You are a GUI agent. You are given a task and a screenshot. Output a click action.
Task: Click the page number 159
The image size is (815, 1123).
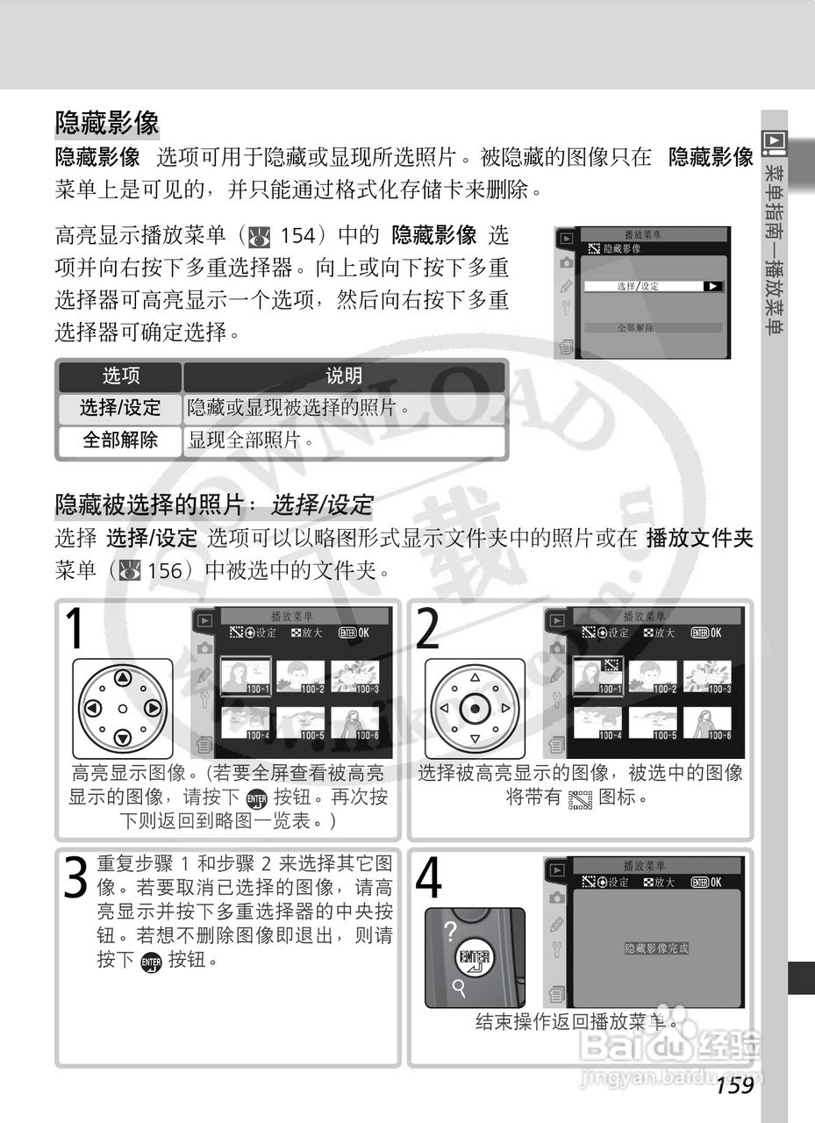point(734,1086)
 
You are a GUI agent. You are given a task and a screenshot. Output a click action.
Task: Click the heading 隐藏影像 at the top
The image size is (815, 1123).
point(107,122)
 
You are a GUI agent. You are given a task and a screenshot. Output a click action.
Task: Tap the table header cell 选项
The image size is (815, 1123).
point(120,376)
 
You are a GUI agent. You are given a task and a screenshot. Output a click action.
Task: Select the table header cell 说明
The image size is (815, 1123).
point(344,376)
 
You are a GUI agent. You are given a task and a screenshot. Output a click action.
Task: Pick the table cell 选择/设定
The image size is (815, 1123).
point(120,408)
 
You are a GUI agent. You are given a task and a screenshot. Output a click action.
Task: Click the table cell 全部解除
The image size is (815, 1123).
point(120,440)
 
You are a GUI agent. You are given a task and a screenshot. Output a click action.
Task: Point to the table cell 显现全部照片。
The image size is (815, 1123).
point(250,440)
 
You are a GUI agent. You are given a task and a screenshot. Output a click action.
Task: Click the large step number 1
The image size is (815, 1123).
point(77,628)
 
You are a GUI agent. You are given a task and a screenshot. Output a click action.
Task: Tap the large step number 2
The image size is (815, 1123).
point(429,628)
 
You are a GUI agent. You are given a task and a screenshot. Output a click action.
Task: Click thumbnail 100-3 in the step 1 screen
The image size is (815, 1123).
point(354,677)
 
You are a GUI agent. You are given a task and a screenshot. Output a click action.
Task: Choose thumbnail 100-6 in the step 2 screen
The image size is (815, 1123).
point(707,724)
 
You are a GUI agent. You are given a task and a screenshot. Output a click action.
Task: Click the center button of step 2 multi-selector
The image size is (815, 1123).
point(475,708)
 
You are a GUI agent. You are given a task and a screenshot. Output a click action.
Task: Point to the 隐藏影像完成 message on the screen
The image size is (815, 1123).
point(656,948)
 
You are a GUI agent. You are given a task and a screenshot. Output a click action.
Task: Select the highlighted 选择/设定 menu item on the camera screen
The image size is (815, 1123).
point(654,286)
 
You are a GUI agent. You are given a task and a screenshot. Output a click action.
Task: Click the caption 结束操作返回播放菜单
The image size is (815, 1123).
point(577,1021)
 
